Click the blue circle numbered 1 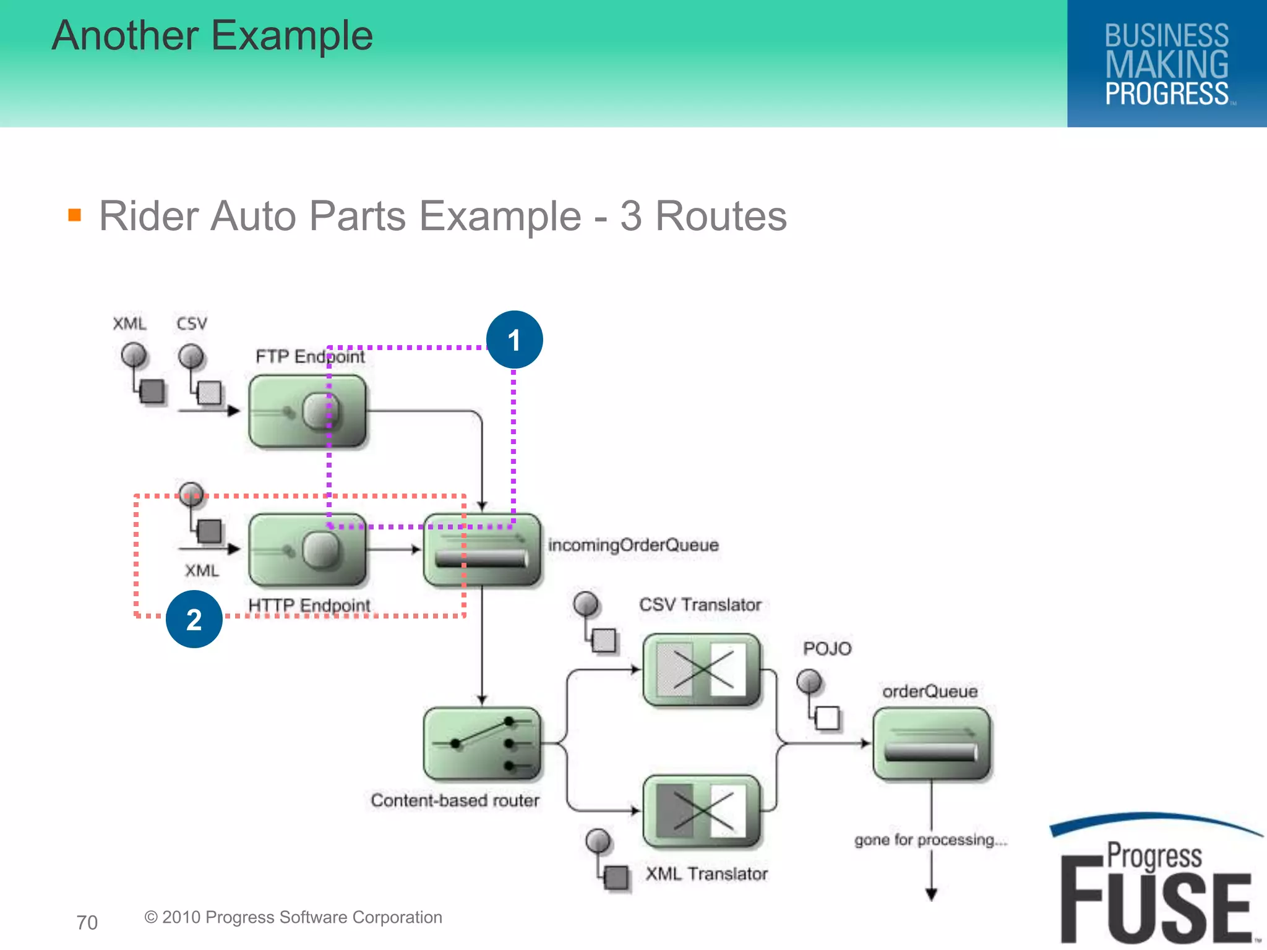514,340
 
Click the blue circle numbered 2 194,619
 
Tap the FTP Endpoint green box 307,411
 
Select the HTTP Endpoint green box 307,549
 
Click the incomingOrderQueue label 633,545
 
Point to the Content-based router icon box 482,744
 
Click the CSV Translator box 701,670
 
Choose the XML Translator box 701,811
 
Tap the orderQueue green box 931,744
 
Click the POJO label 827,648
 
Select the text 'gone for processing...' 930,839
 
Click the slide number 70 87,922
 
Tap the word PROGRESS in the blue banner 1166,94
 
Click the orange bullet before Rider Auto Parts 75,215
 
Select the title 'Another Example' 212,35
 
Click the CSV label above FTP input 192,323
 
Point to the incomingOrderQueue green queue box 482,549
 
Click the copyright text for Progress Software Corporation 293,917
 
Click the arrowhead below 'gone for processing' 931,894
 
